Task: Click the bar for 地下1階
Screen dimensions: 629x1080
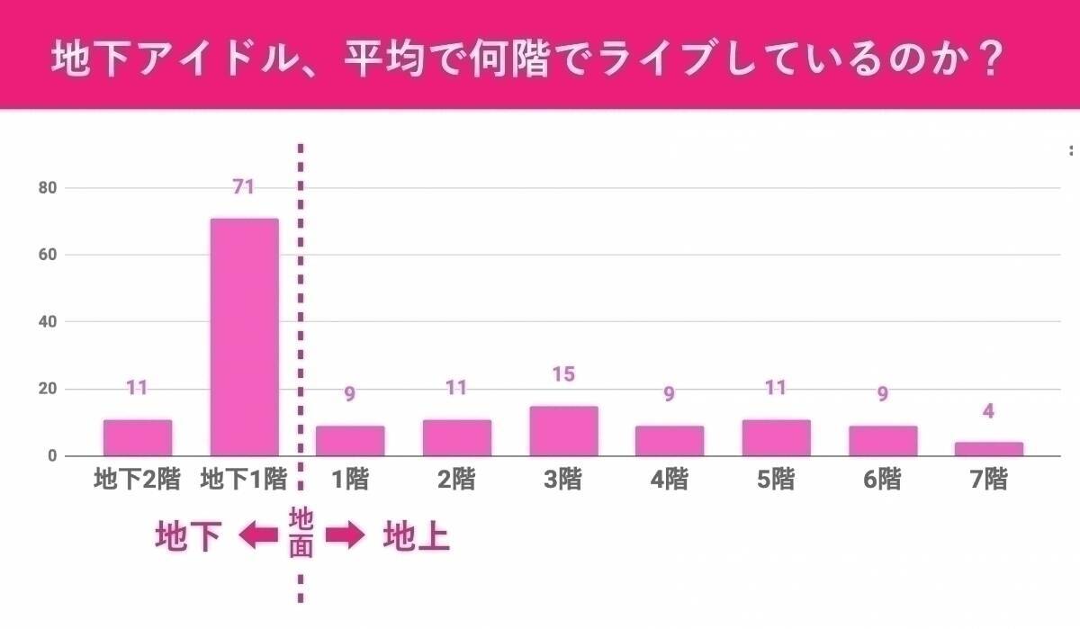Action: point(244,337)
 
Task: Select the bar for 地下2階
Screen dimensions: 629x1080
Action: point(138,438)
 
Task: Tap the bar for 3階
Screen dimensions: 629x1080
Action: point(563,432)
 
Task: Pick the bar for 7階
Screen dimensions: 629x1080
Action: point(989,449)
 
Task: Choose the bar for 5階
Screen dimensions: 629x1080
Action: point(777,438)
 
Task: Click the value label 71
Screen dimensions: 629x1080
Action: point(243,187)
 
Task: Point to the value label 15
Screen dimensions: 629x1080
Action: point(563,373)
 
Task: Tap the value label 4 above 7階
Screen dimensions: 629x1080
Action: point(989,412)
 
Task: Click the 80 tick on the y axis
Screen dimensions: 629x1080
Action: point(48,188)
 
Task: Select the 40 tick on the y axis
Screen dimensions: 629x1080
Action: point(48,322)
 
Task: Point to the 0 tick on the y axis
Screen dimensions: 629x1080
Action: point(52,456)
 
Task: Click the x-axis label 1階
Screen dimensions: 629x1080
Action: point(350,480)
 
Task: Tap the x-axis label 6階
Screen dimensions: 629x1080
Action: point(882,480)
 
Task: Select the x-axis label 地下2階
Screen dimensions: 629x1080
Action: point(138,480)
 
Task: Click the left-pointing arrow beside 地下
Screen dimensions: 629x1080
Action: point(258,536)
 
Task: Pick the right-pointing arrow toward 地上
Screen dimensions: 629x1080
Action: point(345,536)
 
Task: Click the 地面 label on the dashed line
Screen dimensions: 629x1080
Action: point(301,532)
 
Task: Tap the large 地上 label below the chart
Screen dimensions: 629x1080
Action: point(416,537)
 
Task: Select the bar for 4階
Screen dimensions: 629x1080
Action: point(670,441)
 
